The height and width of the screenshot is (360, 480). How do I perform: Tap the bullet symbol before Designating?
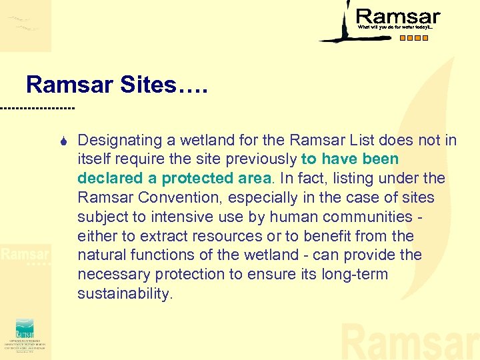[61, 141]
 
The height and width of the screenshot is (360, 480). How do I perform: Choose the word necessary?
[111, 275]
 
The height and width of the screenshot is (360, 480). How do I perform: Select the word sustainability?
[125, 294]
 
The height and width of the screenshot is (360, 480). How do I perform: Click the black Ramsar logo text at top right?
[398, 17]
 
